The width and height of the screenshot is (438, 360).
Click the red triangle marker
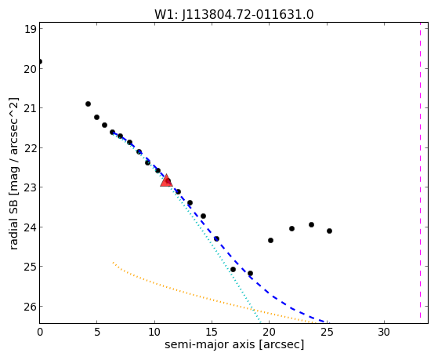tap(166, 180)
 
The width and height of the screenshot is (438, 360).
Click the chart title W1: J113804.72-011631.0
tap(234, 15)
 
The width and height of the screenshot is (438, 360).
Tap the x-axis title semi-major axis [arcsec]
tap(234, 344)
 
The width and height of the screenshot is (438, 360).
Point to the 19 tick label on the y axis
tap(31, 29)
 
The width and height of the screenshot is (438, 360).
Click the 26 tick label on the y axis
tap(31, 307)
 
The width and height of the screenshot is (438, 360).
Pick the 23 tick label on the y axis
tap(31, 187)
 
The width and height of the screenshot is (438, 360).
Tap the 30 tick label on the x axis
tap(384, 332)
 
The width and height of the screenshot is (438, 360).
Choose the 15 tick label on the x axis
tap(212, 332)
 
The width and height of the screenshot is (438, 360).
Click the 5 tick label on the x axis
tap(97, 332)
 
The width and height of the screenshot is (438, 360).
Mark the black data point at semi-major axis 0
tap(40, 61)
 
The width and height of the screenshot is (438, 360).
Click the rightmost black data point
tap(329, 231)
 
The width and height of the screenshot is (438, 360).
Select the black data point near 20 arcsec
tap(270, 240)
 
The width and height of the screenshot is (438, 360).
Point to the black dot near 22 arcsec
tap(291, 228)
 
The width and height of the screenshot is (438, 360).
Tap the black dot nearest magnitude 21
tap(88, 104)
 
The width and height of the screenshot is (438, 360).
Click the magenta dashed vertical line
tap(420, 170)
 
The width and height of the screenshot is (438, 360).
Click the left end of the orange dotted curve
tap(113, 263)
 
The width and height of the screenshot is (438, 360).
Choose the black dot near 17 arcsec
tap(233, 269)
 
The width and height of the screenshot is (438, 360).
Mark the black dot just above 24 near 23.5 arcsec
tap(312, 224)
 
